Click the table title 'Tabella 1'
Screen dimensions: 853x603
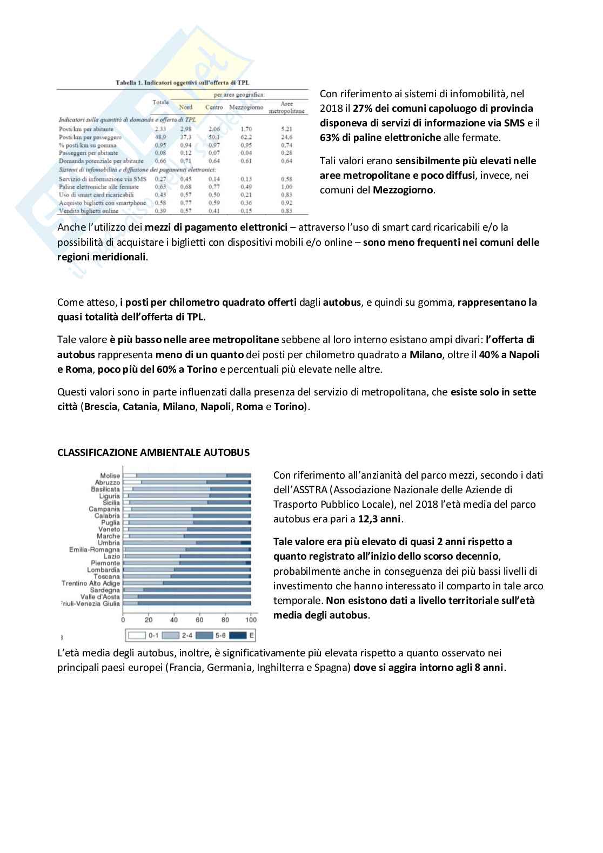(x=129, y=83)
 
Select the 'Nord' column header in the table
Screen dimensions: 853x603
(x=185, y=107)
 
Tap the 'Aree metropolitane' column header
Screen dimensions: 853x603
(x=286, y=107)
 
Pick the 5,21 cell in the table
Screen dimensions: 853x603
(x=286, y=129)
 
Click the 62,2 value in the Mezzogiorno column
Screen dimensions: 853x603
(x=246, y=137)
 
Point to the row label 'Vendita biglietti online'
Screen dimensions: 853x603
(x=88, y=211)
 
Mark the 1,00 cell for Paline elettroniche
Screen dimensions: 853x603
(x=286, y=187)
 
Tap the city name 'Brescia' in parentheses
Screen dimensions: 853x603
(x=100, y=407)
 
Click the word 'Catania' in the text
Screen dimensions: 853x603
(x=139, y=407)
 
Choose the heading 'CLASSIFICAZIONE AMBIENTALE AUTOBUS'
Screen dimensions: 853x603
(x=153, y=453)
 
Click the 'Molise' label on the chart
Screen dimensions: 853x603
(x=110, y=476)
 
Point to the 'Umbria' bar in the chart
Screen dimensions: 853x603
(x=187, y=543)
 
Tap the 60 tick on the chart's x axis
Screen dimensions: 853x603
(x=199, y=620)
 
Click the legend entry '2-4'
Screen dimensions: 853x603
(x=182, y=635)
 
